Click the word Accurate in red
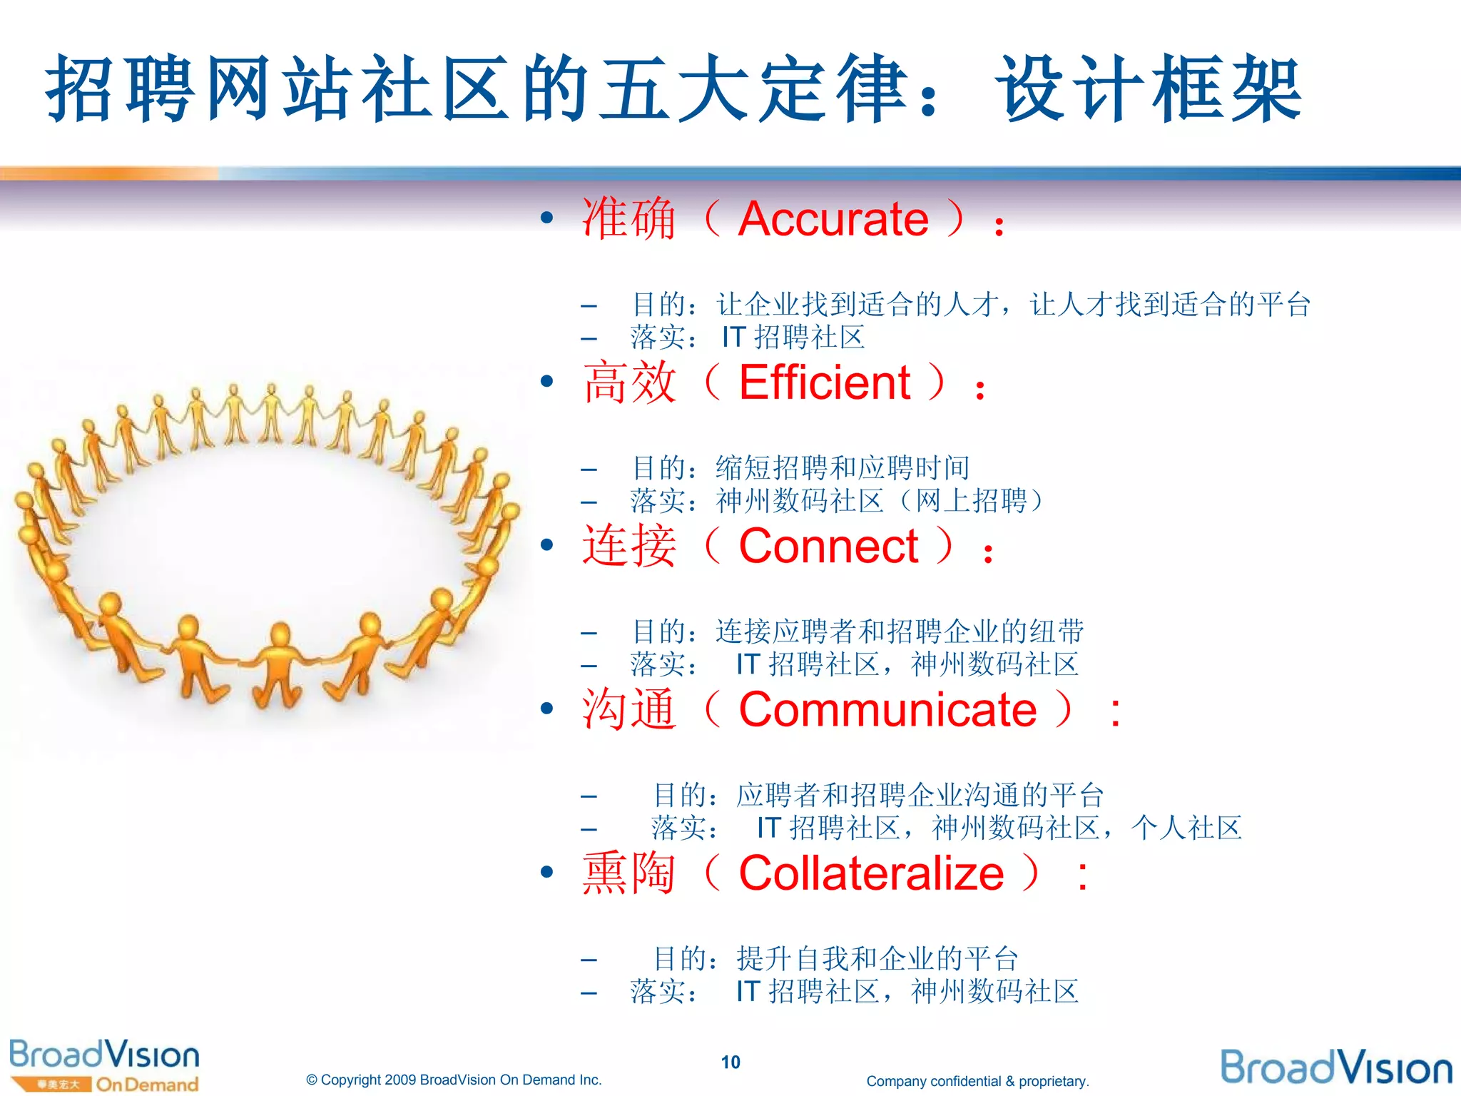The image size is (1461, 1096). click(x=833, y=218)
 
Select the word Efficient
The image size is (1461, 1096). click(x=824, y=382)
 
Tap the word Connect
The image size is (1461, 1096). click(x=828, y=547)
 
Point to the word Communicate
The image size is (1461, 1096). click(x=887, y=710)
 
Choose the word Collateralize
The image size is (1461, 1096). click(x=871, y=873)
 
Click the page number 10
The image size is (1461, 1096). click(x=730, y=1062)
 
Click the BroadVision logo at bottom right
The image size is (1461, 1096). click(x=1336, y=1068)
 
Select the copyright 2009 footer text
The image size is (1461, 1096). click(x=454, y=1080)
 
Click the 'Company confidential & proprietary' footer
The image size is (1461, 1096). click(x=977, y=1082)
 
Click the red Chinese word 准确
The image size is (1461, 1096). click(x=628, y=218)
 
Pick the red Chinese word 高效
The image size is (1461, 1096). click(x=628, y=382)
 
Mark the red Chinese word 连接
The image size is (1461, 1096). click(x=628, y=547)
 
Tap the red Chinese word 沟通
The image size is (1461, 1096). click(x=628, y=710)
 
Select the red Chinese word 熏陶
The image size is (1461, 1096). click(x=628, y=873)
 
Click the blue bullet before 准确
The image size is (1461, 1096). click(x=547, y=218)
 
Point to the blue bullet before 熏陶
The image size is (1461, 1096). click(x=547, y=872)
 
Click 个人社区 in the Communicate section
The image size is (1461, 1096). click(x=1186, y=828)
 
